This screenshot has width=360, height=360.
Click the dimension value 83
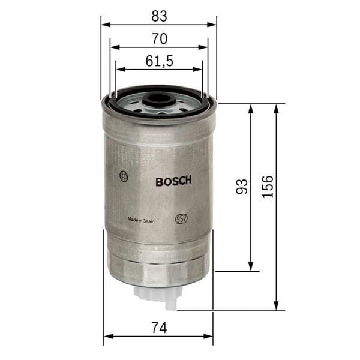(x=159, y=15)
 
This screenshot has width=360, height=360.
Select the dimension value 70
(x=159, y=38)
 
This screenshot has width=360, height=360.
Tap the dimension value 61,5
(x=159, y=61)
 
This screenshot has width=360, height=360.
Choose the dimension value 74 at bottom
(x=158, y=328)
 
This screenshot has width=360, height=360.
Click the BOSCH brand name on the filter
(x=173, y=181)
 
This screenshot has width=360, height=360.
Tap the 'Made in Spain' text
(x=141, y=220)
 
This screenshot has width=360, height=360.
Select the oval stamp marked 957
(x=181, y=219)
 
